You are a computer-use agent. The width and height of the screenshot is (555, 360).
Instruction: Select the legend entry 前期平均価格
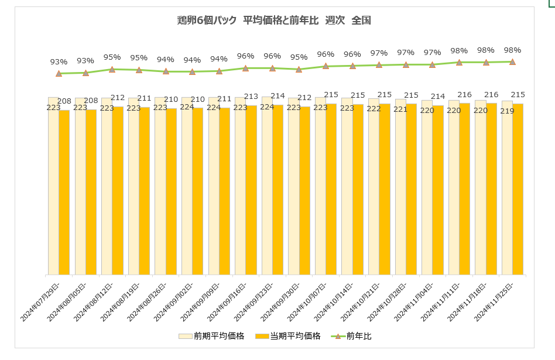click(x=211, y=336)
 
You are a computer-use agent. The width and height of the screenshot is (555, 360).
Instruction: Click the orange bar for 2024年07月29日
click(x=64, y=193)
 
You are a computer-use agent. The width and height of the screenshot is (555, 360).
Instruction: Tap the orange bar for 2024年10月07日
click(x=331, y=190)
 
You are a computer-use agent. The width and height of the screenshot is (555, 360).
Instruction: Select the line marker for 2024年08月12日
click(x=112, y=69)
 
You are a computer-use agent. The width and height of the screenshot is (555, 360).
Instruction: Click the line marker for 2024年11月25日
click(x=512, y=61)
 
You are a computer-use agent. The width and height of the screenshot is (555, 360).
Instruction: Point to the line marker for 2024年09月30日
click(x=299, y=69)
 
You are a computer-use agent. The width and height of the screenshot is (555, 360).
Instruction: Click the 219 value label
click(x=506, y=111)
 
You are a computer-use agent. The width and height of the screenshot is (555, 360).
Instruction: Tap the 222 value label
click(x=374, y=109)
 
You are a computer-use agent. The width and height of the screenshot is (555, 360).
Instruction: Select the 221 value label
click(x=400, y=109)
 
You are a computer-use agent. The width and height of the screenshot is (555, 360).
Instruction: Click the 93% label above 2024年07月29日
click(x=59, y=61)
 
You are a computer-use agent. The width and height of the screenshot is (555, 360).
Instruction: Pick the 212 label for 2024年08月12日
click(x=118, y=98)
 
